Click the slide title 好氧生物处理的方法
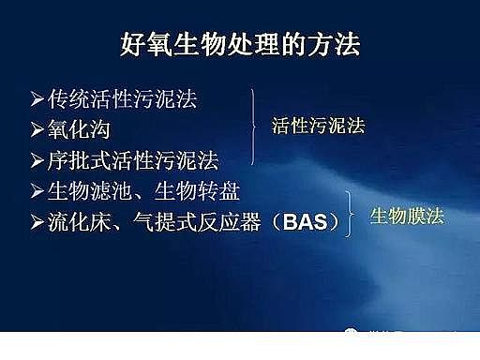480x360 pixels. (x=240, y=43)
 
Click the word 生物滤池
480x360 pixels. (x=90, y=192)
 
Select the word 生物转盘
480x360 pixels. (x=201, y=192)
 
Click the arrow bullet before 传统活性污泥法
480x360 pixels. (x=37, y=97)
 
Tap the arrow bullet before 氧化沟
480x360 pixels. (x=37, y=127)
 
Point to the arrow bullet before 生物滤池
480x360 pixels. (x=37, y=192)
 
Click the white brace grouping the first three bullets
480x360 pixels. (x=253, y=127)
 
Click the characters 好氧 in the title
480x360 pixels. (x=142, y=43)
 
